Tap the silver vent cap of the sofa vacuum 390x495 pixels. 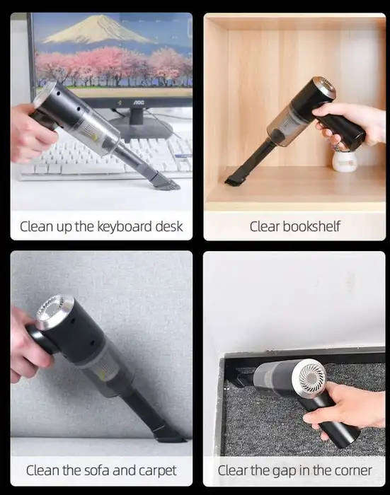pyautogui.click(x=52, y=311)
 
